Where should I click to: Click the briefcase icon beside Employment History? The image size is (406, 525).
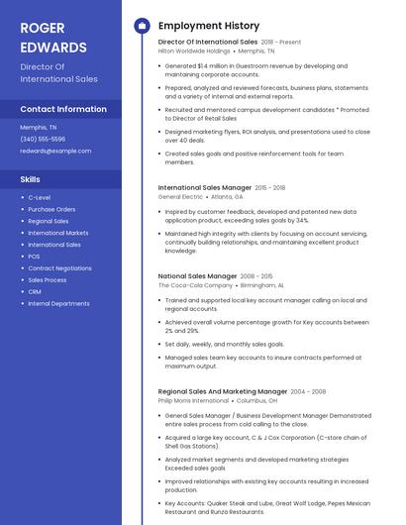142,26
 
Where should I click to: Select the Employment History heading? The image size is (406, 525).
209,26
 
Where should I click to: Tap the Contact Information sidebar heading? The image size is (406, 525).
63,109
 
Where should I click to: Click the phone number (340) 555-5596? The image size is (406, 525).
43,139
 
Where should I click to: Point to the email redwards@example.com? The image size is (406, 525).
55,151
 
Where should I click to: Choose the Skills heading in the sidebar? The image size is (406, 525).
31,179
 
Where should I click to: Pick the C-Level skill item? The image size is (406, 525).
40,198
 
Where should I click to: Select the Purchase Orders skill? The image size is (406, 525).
51,209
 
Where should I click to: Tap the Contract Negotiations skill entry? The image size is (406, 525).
59,268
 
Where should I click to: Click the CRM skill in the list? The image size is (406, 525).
35,291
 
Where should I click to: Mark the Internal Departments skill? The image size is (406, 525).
58,303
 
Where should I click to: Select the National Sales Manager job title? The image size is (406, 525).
197,275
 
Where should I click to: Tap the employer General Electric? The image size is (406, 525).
179,196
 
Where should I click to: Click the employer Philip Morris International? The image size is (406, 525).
194,400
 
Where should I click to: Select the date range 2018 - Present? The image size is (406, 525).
281,43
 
